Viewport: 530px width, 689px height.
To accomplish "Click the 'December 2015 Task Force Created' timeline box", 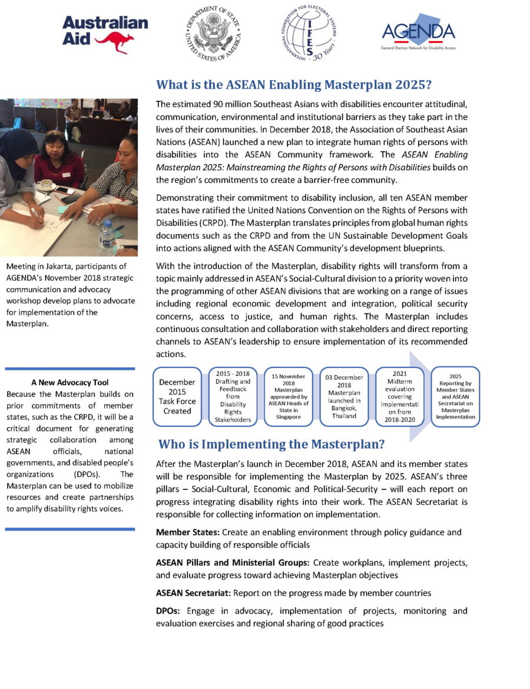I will (177, 396).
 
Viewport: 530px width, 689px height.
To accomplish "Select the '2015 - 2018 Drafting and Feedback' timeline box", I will (233, 396).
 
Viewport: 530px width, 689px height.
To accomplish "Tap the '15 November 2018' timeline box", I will (288, 396).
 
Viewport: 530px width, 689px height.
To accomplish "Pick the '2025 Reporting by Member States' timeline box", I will (455, 396).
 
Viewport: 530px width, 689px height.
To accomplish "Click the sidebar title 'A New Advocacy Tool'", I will (69, 382).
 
